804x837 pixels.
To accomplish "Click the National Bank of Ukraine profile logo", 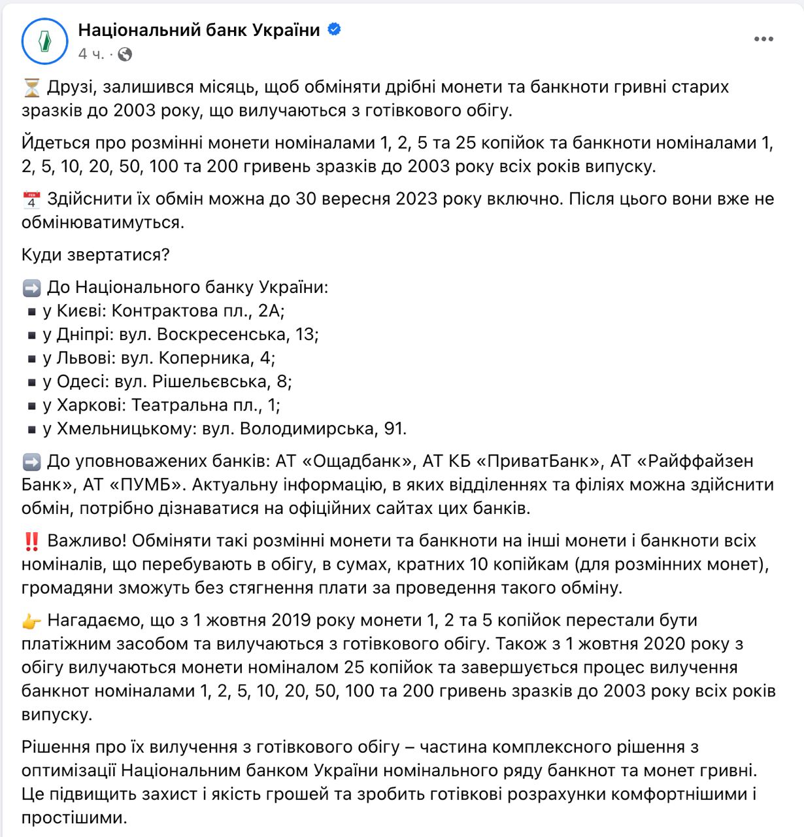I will (44, 41).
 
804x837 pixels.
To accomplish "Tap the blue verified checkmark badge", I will (334, 29).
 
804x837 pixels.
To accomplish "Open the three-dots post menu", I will (763, 40).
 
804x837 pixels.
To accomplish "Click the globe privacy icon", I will (125, 54).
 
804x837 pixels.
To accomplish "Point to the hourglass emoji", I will (31, 87).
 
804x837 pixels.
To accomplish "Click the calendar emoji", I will (31, 199).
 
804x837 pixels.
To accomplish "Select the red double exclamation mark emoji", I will (31, 541).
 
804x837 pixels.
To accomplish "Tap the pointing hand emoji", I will (31, 621).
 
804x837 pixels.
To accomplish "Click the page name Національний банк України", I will (199, 30).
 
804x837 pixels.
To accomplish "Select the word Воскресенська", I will (222, 334).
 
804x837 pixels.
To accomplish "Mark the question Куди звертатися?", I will (95, 254).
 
